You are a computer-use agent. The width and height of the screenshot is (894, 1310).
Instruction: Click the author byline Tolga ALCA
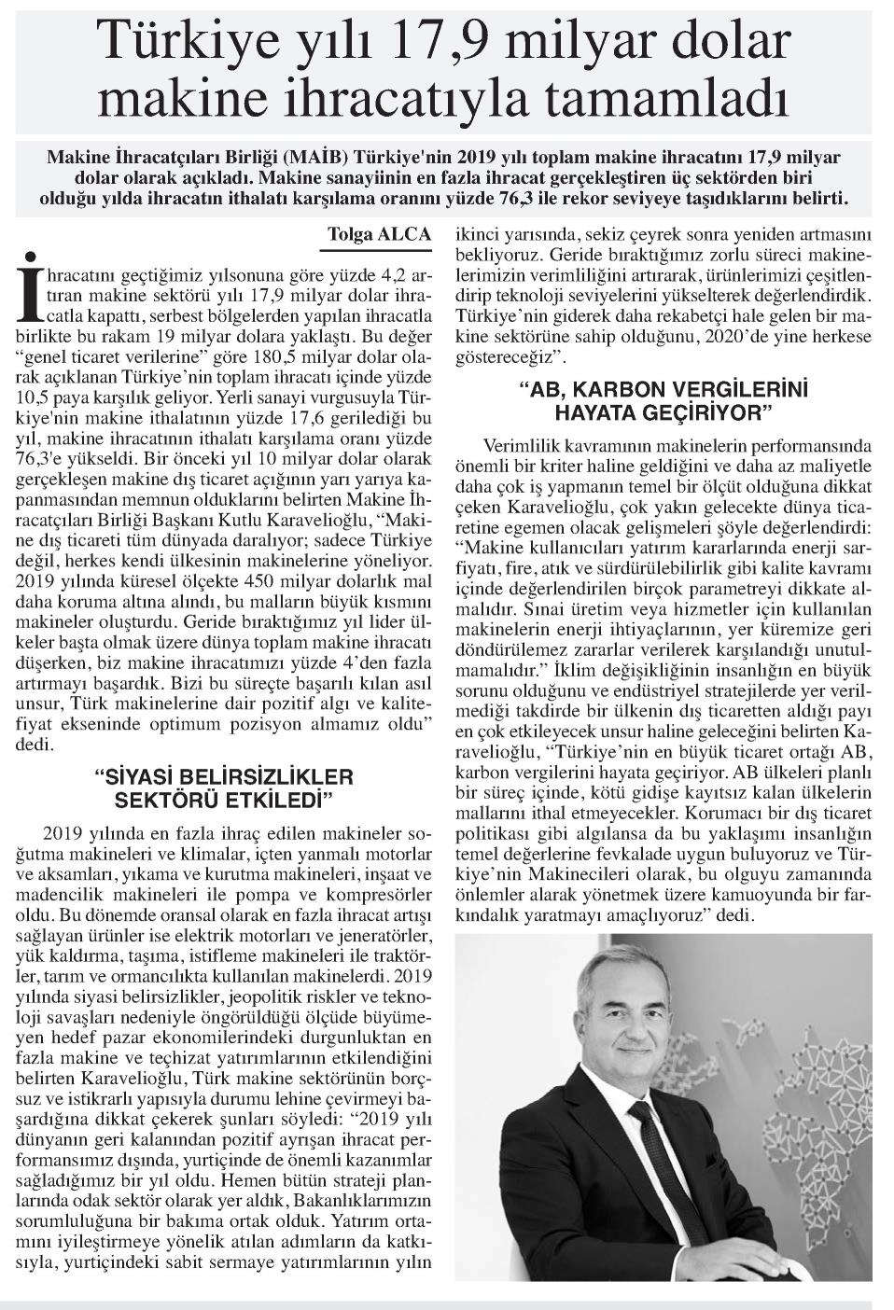coord(379,234)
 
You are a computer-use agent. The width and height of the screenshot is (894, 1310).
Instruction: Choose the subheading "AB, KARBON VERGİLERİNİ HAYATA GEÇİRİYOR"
coord(664,398)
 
